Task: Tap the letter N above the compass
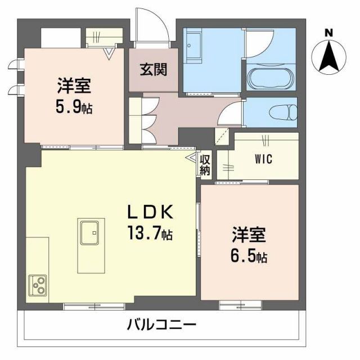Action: point(329,32)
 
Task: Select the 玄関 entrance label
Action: point(153,71)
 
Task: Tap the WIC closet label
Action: point(263,159)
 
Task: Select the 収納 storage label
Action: point(205,165)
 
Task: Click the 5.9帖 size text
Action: point(74,107)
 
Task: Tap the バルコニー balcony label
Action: point(161,326)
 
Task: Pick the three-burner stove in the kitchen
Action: point(38,286)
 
